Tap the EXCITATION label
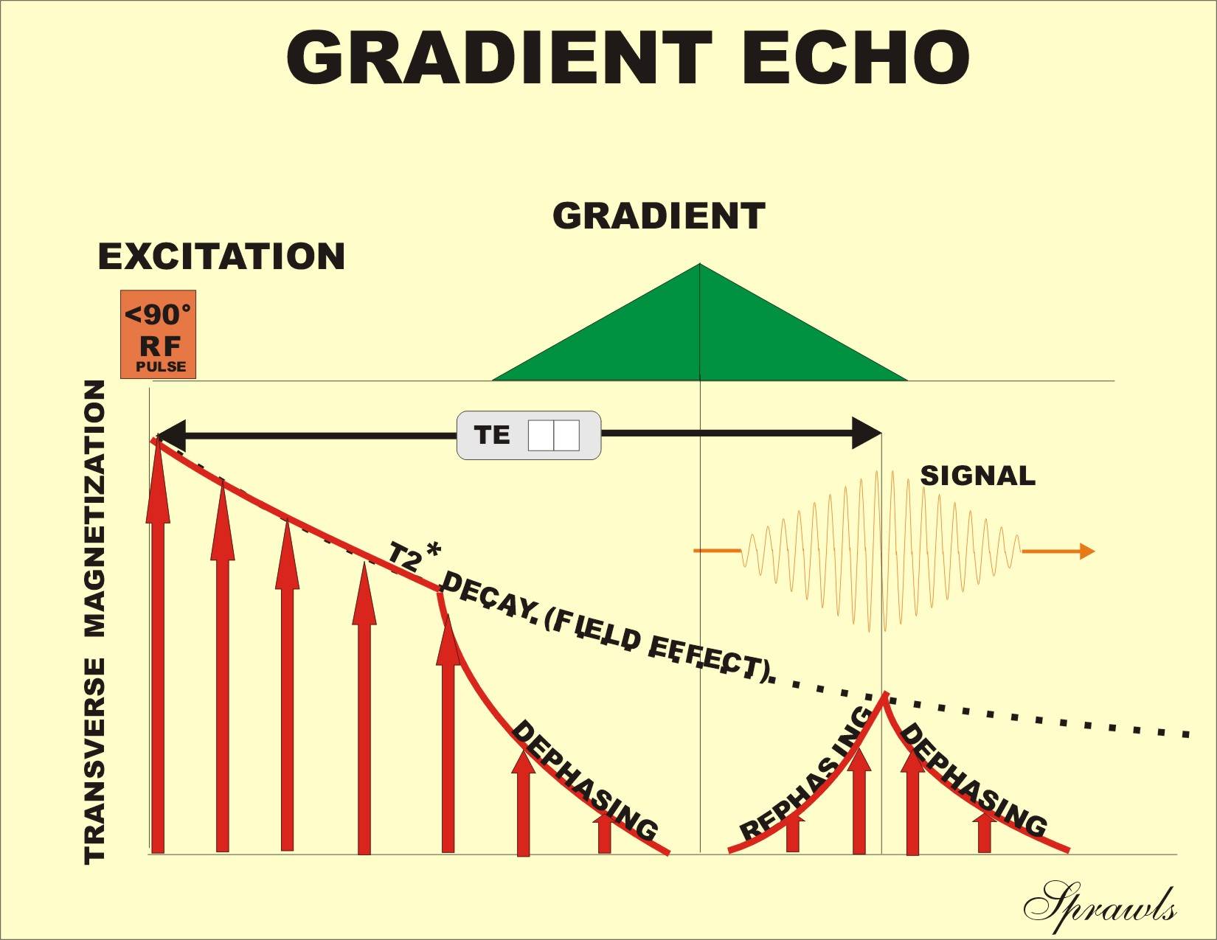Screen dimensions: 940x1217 221,257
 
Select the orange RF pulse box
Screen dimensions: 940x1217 158,334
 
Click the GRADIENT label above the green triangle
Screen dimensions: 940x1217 659,216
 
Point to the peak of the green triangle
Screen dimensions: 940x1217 699,265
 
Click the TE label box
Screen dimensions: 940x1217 528,435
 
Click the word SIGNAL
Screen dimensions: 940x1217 977,476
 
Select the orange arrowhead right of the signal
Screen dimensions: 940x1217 1086,551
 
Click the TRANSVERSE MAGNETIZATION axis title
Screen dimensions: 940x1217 95,622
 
